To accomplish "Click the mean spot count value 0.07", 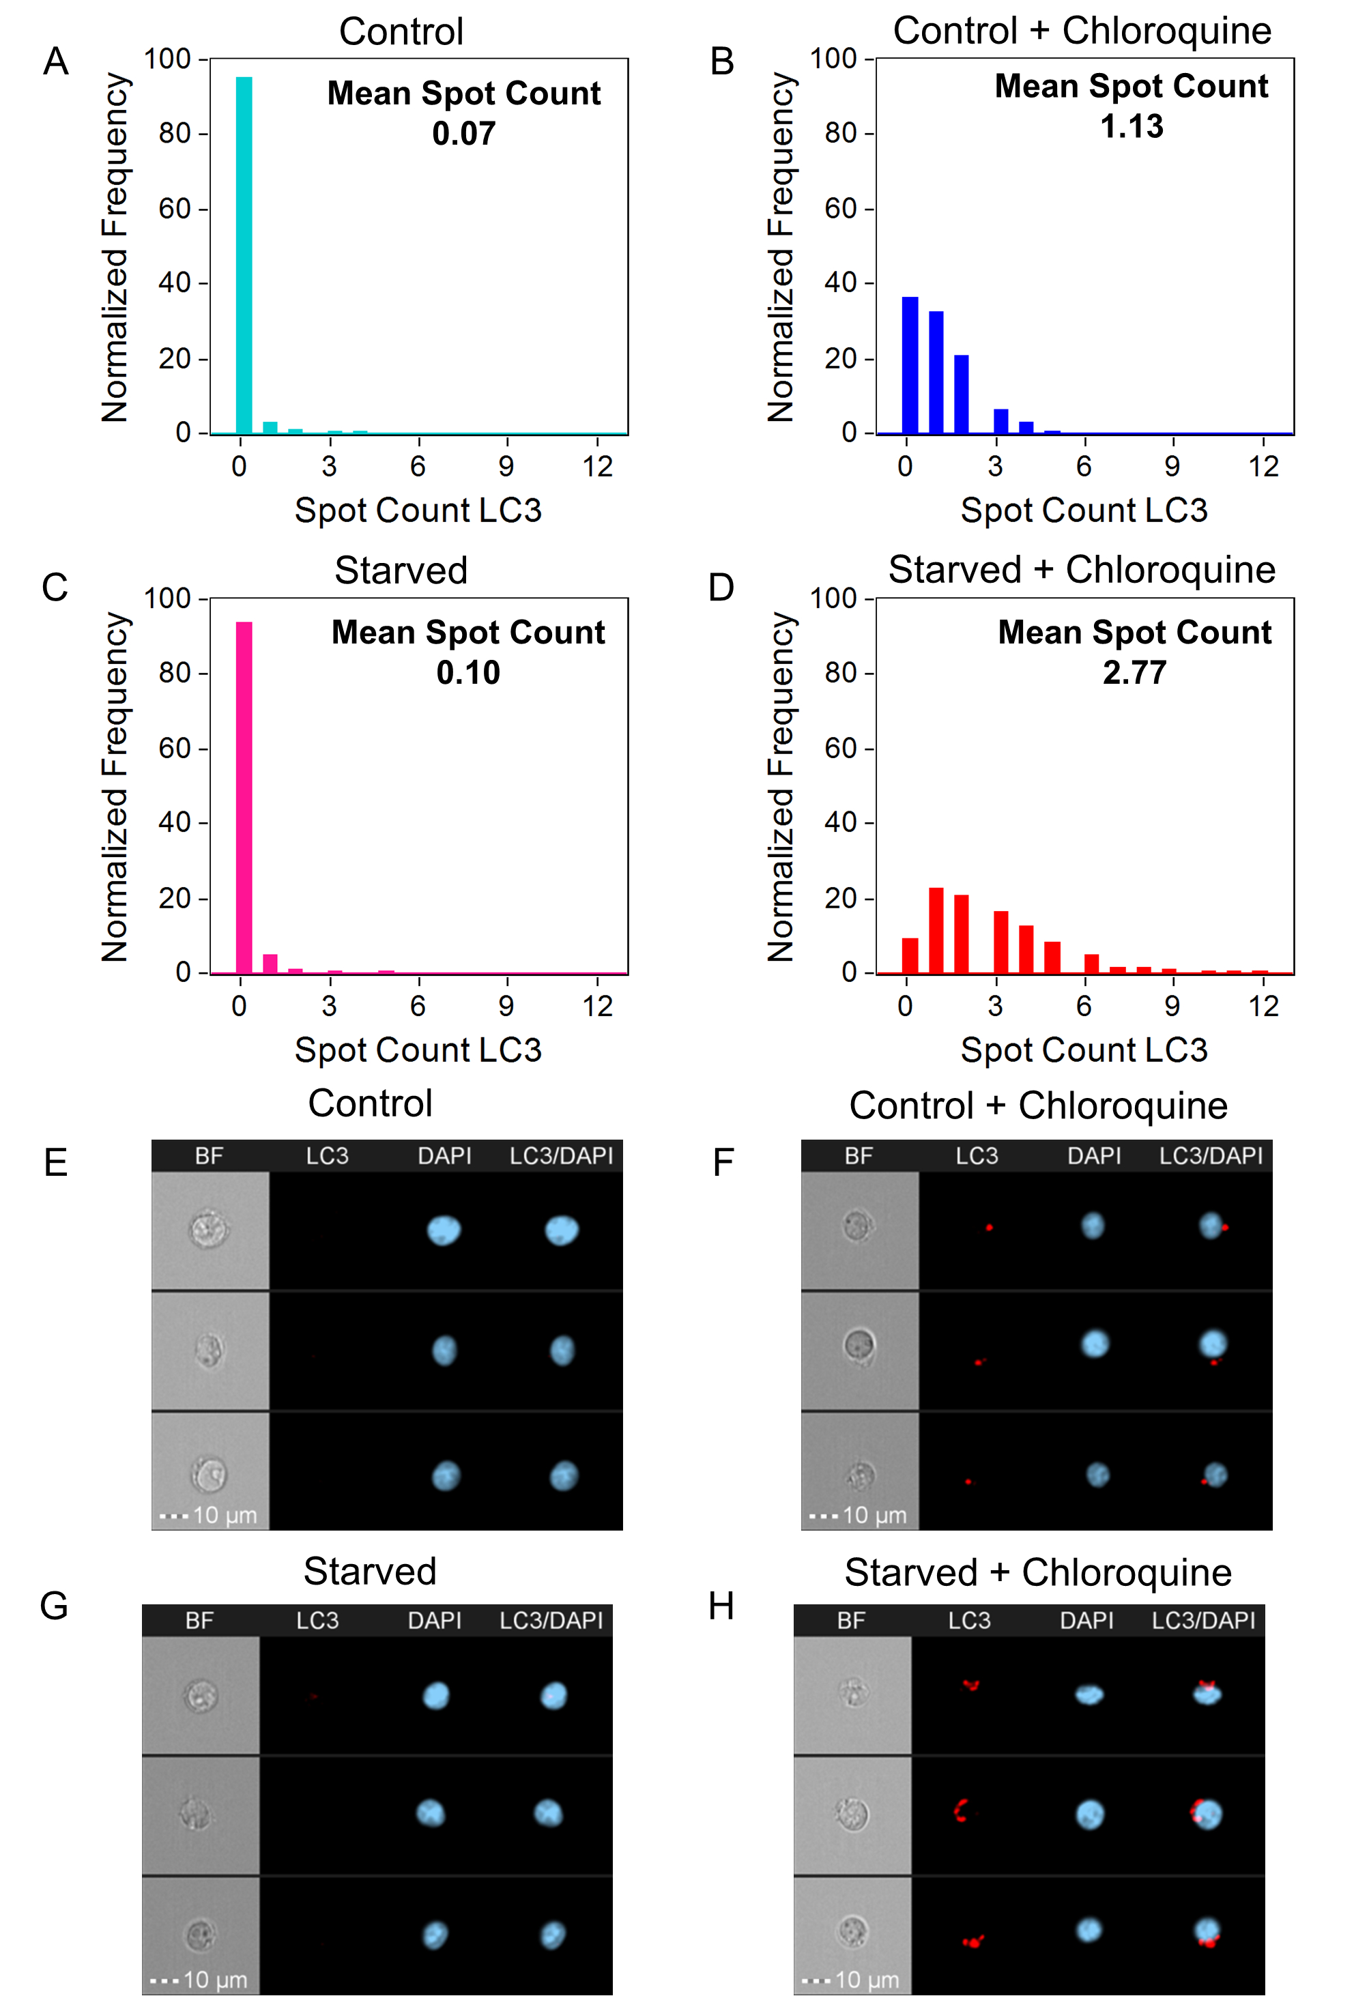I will pyautogui.click(x=463, y=134).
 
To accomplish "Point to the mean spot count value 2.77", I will pyautogui.click(x=1134, y=673).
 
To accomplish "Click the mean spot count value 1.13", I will pyautogui.click(x=1132, y=127).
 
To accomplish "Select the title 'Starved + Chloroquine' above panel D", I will pyautogui.click(x=1081, y=570).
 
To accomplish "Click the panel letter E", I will pyautogui.click(x=56, y=1163).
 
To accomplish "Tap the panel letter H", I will pyautogui.click(x=721, y=1606).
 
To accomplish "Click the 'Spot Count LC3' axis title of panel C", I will pyautogui.click(x=418, y=1050).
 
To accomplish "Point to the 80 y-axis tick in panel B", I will pyautogui.click(x=840, y=133).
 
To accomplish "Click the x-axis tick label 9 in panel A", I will pyautogui.click(x=506, y=467).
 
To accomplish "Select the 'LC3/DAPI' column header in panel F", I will pyautogui.click(x=1211, y=1156).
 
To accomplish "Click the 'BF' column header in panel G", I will pyautogui.click(x=199, y=1621).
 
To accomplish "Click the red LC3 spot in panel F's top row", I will pyautogui.click(x=989, y=1227).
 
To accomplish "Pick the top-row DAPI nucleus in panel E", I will pyautogui.click(x=444, y=1230).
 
